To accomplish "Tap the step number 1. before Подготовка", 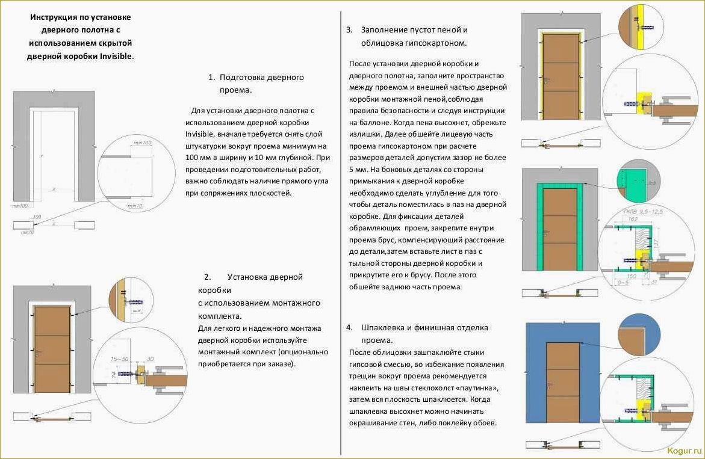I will (x=211, y=78).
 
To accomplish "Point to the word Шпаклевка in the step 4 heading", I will (x=387, y=327).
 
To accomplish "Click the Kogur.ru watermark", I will (x=684, y=450).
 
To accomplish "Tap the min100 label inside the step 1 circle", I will (x=142, y=143).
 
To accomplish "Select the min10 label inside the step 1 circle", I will (x=136, y=206).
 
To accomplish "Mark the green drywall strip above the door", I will (x=560, y=185).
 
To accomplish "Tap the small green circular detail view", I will (x=639, y=180).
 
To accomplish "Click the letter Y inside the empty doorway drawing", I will (x=42, y=156).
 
